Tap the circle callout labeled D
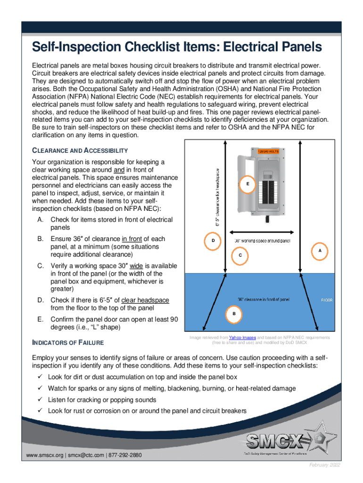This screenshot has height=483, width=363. pos(213,241)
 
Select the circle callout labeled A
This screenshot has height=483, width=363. pos(320,250)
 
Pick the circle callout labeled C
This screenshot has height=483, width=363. pos(240,255)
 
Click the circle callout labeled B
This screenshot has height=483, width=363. pos(234,314)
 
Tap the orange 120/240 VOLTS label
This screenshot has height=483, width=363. pos(268,151)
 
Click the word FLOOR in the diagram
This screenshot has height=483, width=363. pos(327,300)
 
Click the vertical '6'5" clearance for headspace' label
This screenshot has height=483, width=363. pos(218,197)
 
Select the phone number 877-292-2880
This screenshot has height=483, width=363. pos(125,455)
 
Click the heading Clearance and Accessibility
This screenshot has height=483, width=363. pos(80,150)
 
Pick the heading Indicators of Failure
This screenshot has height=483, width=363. pos(67,342)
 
